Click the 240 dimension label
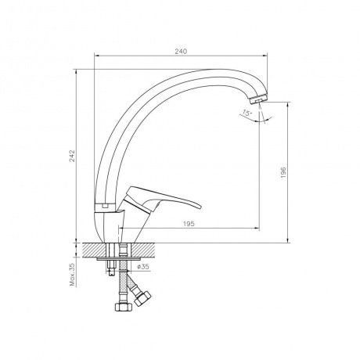(181, 52)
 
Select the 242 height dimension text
(72, 156)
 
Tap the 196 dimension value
(283, 172)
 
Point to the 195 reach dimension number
(189, 224)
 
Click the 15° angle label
(247, 113)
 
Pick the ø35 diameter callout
(143, 267)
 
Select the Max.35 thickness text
(72, 275)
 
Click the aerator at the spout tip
(258, 99)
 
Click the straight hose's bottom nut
(124, 307)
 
